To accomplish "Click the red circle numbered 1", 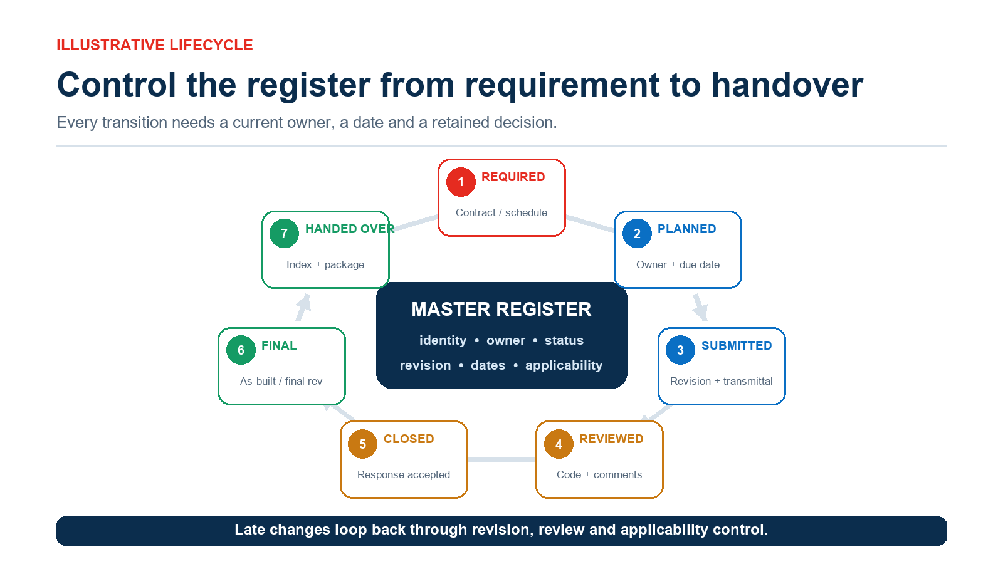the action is [x=461, y=182].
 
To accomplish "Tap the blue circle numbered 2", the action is [x=637, y=234].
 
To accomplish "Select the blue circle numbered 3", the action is [x=680, y=350].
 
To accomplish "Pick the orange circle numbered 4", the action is [x=559, y=444].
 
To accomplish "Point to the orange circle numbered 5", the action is [x=362, y=444].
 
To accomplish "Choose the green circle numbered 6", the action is [x=241, y=350].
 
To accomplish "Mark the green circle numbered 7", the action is [x=284, y=234].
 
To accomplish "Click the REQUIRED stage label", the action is [x=513, y=177].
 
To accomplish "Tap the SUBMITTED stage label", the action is [x=737, y=345].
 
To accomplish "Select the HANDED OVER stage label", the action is [x=350, y=229].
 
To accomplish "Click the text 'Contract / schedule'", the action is [x=501, y=212].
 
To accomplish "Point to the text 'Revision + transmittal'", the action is [x=722, y=381].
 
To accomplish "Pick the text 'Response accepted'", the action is [x=404, y=474].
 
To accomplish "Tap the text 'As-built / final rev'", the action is [x=281, y=381].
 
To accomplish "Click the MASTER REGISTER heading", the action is [x=501, y=310].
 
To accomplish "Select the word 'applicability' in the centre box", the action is [x=564, y=365].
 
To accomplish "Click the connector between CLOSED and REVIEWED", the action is [x=501, y=459].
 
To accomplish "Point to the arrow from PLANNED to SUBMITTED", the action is [x=700, y=308].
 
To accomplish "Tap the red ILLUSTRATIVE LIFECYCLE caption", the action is [x=154, y=45].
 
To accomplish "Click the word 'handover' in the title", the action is [x=787, y=85].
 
